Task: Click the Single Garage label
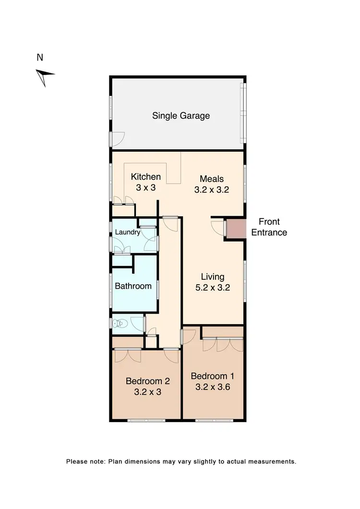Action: coord(181,116)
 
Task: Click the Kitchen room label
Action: coord(145,177)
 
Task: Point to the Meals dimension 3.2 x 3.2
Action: coord(211,190)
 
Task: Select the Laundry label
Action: coord(128,233)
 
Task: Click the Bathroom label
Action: coord(133,286)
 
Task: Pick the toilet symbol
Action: coord(120,324)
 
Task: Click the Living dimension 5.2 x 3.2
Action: coord(212,289)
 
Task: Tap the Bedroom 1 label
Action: coord(212,376)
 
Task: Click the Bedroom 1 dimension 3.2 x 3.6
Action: coord(212,387)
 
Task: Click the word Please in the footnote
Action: coord(77,461)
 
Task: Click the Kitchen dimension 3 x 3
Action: coord(145,188)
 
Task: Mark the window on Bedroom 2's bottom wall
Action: coord(146,421)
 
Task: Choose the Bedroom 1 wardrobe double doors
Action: coord(222,345)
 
